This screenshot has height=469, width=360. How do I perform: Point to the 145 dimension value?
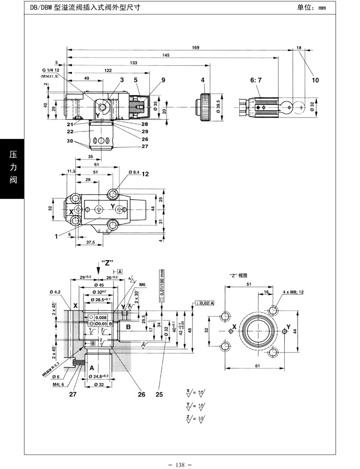click(166, 55)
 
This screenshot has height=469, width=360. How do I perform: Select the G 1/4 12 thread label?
click(50, 71)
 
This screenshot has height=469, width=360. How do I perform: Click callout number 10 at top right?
click(315, 80)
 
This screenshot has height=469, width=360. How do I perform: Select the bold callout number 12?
click(145, 173)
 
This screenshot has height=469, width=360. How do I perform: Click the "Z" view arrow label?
click(107, 262)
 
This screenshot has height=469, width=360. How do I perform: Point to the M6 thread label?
click(142, 284)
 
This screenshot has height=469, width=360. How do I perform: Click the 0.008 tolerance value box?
click(100, 317)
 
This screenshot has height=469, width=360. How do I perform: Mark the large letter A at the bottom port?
click(91, 367)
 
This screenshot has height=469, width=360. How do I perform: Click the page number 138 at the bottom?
click(180, 464)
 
